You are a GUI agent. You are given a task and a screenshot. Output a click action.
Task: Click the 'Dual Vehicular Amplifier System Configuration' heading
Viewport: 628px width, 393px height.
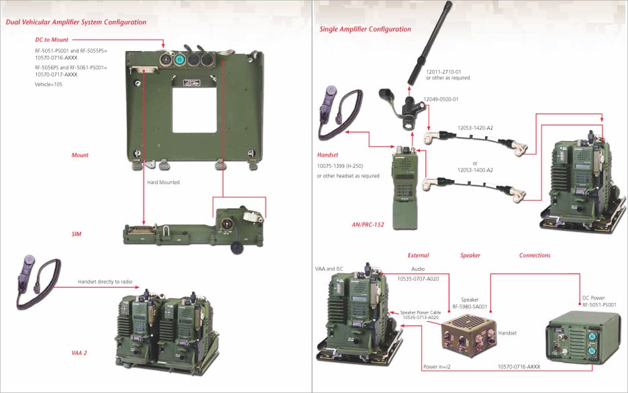coord(76,22)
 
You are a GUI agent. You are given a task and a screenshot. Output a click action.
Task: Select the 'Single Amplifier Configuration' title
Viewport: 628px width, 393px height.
coord(365,29)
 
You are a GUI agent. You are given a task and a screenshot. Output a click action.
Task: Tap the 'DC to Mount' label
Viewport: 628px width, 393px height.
coord(52,40)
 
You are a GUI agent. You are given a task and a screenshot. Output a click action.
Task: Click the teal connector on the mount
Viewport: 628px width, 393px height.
coord(179,60)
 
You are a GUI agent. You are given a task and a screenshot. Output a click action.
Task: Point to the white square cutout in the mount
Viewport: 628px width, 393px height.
coord(195,110)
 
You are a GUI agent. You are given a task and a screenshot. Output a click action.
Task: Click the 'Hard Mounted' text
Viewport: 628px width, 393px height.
coord(164,182)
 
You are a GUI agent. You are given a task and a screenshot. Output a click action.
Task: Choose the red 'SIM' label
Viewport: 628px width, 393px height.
coord(76,234)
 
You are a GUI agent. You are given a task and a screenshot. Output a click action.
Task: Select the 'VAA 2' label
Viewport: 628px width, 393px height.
coord(79,353)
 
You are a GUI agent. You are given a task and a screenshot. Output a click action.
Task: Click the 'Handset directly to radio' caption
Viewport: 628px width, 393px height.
coord(105,281)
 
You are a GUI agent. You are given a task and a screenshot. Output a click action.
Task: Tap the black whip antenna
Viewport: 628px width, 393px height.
coord(429,42)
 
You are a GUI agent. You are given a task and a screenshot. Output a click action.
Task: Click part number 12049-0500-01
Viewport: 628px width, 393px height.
coord(441,99)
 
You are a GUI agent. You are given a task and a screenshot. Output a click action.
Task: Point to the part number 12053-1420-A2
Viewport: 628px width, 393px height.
coord(475,128)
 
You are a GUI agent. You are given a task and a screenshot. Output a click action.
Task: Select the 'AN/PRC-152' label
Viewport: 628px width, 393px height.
coord(368,224)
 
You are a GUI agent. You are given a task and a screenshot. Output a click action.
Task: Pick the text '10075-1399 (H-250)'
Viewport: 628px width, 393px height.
coord(340,166)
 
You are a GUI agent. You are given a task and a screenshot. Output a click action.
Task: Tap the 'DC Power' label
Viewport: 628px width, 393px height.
coord(594,298)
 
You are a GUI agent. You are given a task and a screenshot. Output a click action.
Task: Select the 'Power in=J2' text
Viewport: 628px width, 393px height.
coord(437,367)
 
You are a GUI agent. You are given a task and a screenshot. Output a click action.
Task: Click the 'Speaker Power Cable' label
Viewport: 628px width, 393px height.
coord(421,312)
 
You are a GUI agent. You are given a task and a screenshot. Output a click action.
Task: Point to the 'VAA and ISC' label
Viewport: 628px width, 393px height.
coord(329,269)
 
